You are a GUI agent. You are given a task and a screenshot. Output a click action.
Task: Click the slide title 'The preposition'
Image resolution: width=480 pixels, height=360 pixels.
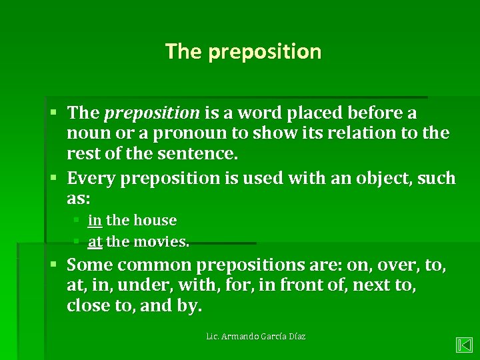[x=243, y=51]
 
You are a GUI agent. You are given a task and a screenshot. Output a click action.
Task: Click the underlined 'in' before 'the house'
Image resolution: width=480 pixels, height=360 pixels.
[x=95, y=220]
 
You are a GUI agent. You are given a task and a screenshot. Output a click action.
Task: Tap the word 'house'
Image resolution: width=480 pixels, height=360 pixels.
[x=156, y=220]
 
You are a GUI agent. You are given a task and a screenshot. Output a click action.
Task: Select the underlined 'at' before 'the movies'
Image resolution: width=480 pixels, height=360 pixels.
[x=95, y=241]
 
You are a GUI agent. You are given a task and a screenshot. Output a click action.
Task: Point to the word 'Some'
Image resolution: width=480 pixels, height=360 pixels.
[x=88, y=266]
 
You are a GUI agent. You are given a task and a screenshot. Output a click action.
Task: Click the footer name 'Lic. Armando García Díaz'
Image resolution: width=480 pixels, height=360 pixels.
[x=256, y=337]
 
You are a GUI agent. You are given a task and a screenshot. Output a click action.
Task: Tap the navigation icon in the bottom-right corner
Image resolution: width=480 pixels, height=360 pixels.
[x=464, y=345]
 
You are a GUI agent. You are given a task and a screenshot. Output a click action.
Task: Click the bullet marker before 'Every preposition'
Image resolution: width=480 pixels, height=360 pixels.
[x=57, y=178]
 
